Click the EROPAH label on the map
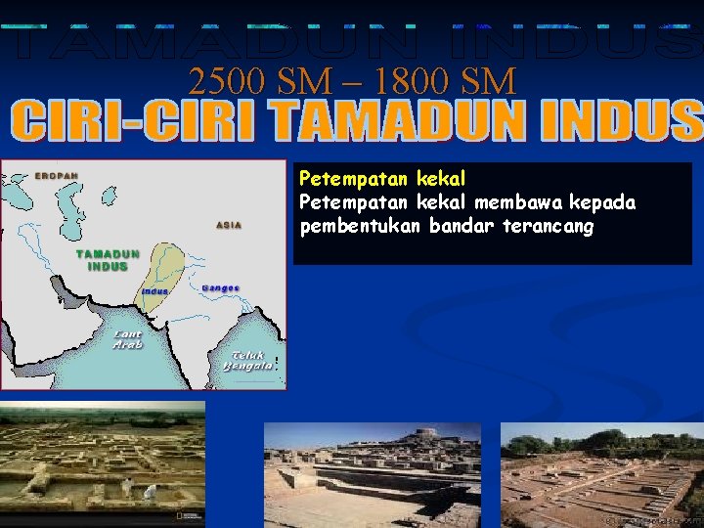click(57, 176)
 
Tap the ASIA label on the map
click(229, 225)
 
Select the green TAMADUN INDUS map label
click(109, 260)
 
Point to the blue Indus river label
click(154, 291)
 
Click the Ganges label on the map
click(220, 287)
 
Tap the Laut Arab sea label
click(127, 338)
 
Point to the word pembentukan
click(362, 227)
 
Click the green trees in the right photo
click(596, 440)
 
